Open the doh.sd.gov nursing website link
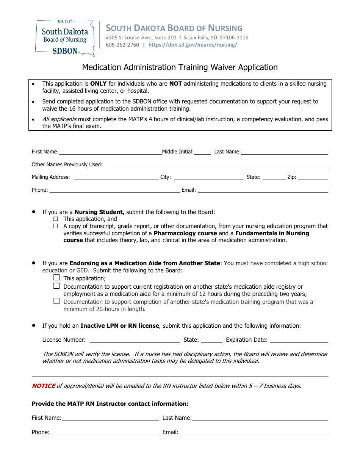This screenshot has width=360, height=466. pos(193,45)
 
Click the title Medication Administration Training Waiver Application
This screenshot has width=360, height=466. pos(180,67)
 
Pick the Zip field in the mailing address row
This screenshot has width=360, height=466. pos(313,177)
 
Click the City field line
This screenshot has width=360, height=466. pos(209,177)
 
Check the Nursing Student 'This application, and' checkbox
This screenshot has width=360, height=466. pos(56,219)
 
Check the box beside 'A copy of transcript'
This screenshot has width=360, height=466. pos(56,226)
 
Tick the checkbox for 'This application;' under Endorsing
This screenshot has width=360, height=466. pos(56,278)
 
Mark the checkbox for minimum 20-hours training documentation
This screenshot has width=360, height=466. pos(56,301)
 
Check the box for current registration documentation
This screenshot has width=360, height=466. pos(56,286)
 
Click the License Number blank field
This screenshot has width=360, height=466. pos(135,340)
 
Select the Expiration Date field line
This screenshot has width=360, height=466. pos(299,340)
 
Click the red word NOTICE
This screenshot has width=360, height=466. pos(43,386)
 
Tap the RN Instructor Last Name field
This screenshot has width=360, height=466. pos(260,418)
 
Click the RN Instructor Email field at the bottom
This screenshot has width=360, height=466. pos(254,432)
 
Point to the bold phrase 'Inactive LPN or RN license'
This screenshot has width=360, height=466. pos(120,326)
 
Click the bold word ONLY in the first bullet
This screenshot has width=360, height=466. pos(98,84)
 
